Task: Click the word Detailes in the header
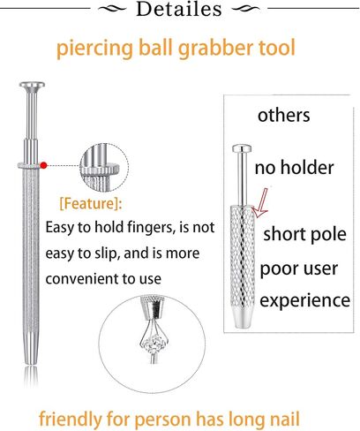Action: pos(179,9)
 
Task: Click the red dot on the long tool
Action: pos(44,165)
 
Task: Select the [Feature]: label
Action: pos(91,203)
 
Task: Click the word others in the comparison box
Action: pos(283,115)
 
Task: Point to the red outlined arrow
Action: pos(260,203)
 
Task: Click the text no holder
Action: pos(294,168)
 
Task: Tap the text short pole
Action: pos(304,234)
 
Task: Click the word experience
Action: pos(304,300)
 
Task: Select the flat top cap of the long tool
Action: pos(32,85)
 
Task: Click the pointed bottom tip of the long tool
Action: pos(31,363)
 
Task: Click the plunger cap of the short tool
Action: pos(242,148)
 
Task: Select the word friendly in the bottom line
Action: pos(71,420)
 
